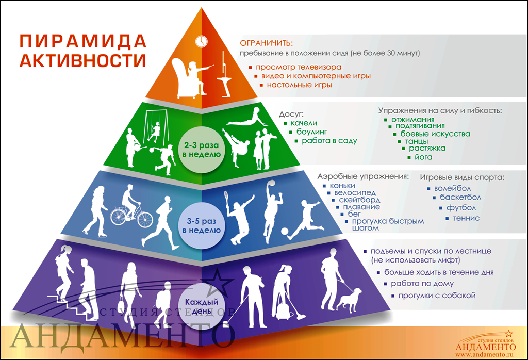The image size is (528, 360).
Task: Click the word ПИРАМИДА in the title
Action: coord(82,41)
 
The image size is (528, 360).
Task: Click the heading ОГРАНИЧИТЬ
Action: coord(266,42)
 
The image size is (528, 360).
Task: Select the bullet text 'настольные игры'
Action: coord(299,85)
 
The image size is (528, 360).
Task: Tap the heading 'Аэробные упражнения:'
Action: coord(363,176)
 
